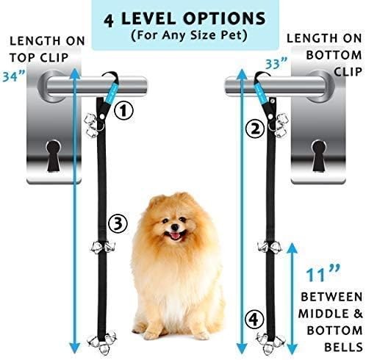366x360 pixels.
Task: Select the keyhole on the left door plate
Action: tap(55, 156)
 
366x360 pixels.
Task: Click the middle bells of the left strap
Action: tap(96, 247)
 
